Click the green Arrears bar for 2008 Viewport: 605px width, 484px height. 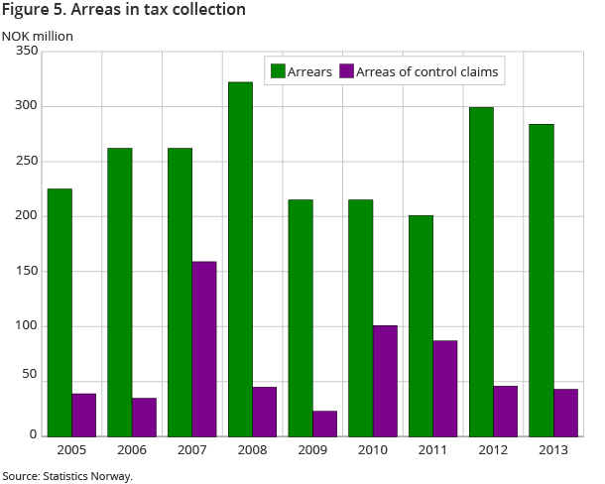[240, 259]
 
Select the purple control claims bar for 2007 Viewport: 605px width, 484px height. [204, 348]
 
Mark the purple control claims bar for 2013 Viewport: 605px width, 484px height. [565, 412]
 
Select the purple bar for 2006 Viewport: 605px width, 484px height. [144, 417]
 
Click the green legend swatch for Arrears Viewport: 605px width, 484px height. [278, 70]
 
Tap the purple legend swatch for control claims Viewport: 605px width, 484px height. [347, 70]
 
